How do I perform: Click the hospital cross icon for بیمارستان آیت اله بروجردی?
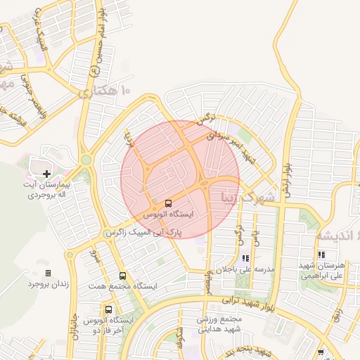click(47, 173)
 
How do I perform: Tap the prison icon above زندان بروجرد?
click(48, 273)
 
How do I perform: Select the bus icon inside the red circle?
click(167, 202)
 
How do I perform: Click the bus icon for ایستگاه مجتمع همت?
click(123, 276)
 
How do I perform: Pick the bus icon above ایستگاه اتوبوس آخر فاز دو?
click(108, 309)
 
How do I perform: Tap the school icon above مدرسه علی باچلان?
click(245, 258)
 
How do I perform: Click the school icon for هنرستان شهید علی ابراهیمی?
click(321, 255)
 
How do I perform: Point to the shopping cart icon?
click(321, 352)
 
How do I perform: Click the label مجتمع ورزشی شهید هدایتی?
click(219, 323)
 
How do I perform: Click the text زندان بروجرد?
click(46, 284)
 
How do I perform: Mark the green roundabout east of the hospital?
click(86, 160)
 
